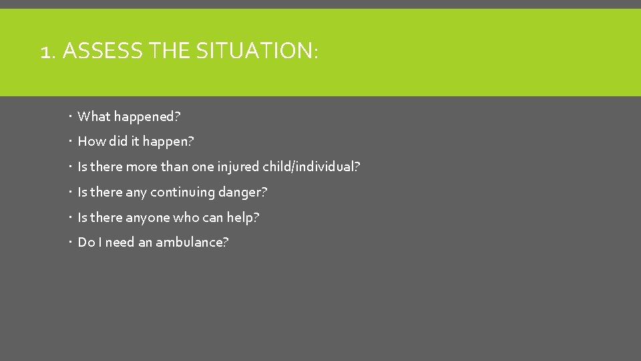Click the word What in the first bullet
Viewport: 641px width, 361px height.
click(x=93, y=116)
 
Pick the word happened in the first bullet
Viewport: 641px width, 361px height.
click(x=146, y=117)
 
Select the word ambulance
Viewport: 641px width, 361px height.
click(x=192, y=242)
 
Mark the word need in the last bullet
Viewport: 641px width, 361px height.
click(x=120, y=242)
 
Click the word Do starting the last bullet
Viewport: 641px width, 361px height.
click(x=86, y=242)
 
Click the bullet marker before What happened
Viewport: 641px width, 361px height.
click(x=70, y=117)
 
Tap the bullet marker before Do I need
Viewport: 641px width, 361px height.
click(x=70, y=242)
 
